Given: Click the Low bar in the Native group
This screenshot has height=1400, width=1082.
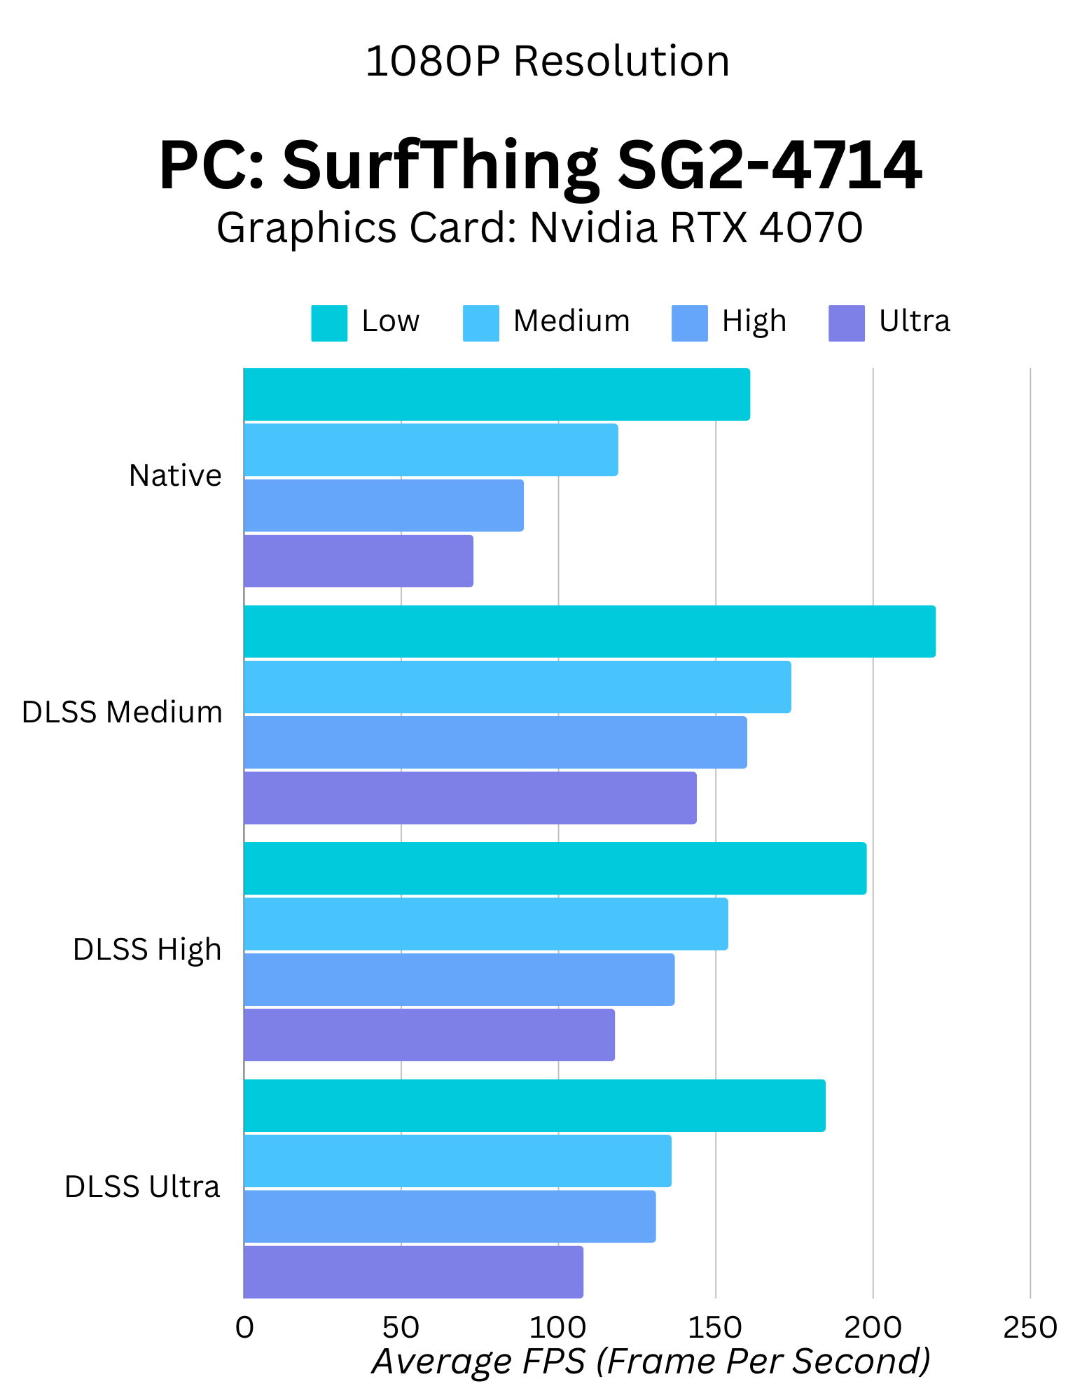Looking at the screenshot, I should (497, 395).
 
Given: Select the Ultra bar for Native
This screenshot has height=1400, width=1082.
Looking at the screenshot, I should (359, 561).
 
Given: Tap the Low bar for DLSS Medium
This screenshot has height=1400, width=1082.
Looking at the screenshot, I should (589, 631).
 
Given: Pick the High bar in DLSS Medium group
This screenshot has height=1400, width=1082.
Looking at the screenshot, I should (495, 742).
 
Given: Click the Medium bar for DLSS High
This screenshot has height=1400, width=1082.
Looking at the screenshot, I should (485, 924).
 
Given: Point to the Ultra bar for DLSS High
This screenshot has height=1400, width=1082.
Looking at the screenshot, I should (429, 1035).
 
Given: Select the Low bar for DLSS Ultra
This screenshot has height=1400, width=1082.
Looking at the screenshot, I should (534, 1105).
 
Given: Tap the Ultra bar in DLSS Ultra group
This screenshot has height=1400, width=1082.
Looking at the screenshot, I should (413, 1272).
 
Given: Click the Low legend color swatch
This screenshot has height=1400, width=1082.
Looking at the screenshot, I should (329, 323).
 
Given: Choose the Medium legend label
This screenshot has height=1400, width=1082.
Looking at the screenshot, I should (571, 321).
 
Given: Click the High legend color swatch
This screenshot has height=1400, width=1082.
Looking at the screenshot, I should (689, 323).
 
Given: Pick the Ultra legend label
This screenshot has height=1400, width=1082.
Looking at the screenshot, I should (914, 321).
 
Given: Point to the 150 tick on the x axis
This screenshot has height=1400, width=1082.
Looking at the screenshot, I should (715, 1327).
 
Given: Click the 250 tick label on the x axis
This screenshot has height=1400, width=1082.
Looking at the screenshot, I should (1029, 1327).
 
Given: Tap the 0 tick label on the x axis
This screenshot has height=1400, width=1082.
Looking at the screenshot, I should (244, 1327).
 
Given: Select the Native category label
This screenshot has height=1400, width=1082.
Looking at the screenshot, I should (175, 476).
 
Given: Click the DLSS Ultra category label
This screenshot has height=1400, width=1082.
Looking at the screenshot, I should (142, 1187).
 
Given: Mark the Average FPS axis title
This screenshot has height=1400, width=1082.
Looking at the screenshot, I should (651, 1361).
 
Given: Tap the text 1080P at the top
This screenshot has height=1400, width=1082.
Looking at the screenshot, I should (432, 62).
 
